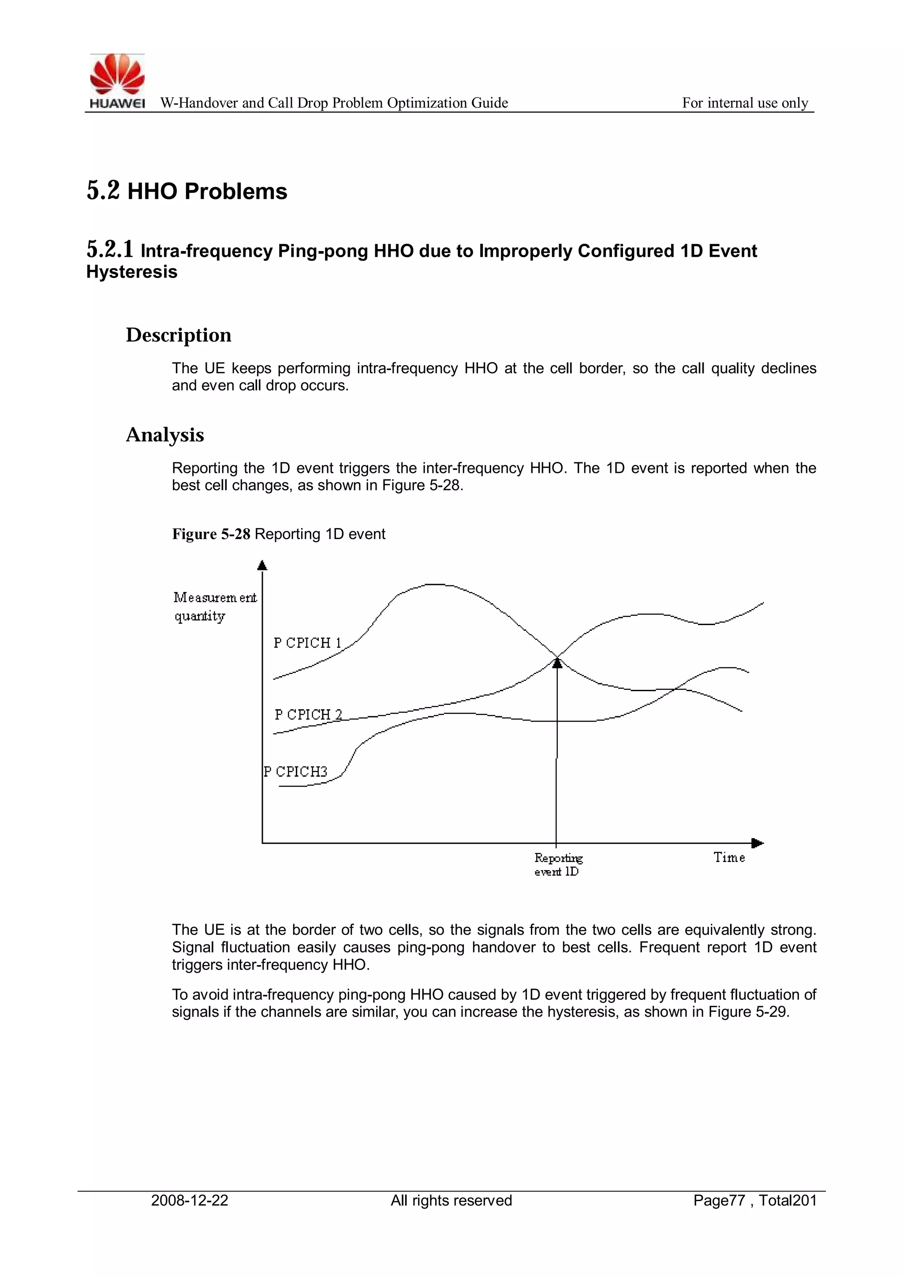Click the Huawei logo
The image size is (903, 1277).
click(117, 81)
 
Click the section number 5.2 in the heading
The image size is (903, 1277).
click(103, 191)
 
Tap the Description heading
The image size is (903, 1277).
click(179, 335)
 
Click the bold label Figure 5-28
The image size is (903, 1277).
click(211, 534)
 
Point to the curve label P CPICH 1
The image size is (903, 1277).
click(307, 643)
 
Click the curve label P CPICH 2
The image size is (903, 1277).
click(308, 714)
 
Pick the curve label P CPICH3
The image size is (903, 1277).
click(295, 771)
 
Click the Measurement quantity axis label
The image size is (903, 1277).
click(215, 606)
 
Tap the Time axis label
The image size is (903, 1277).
click(729, 857)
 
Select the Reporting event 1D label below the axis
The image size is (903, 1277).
click(557, 864)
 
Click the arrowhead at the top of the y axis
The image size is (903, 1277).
click(262, 565)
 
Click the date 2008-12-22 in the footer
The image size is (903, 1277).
click(190, 1200)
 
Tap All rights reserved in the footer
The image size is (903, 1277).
click(451, 1200)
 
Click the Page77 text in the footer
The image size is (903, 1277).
click(718, 1200)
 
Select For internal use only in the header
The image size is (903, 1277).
click(745, 103)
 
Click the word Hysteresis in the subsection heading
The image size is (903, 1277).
click(132, 272)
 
